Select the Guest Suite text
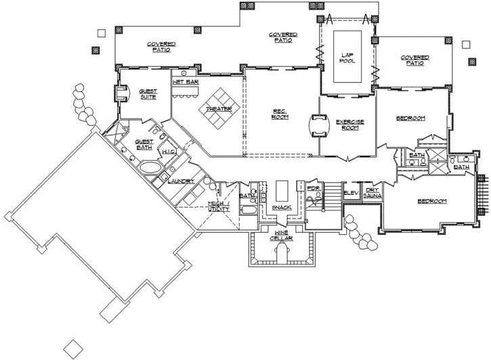tap(148, 94)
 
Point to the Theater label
tap(219, 108)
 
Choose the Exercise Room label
tap(350, 125)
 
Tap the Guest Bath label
tap(144, 145)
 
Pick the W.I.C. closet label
tap(169, 152)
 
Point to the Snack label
tap(281, 207)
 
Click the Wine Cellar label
tap(281, 235)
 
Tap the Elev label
tap(350, 193)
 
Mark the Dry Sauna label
tap(373, 193)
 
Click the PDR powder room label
tap(313, 189)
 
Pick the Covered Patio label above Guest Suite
tap(162, 45)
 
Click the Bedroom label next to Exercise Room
tap(411, 118)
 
